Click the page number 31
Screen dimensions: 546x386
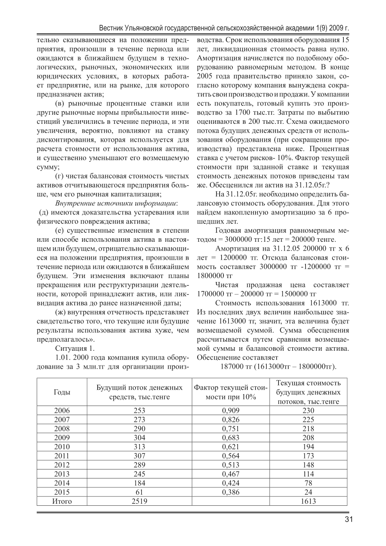click(348, 519)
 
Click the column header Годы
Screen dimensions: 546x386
click(62, 392)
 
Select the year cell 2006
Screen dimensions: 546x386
click(62, 410)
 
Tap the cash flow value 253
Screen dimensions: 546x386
click(139, 410)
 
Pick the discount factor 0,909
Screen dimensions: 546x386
click(231, 410)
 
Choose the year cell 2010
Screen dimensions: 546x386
click(62, 446)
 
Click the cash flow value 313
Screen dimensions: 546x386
click(139, 446)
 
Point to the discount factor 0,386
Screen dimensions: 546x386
click(231, 492)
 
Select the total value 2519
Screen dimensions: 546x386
click(139, 501)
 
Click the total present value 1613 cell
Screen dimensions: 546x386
click(308, 501)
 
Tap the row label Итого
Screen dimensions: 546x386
click(62, 501)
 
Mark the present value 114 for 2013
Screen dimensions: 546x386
click(308, 474)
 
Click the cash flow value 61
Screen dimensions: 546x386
click(139, 492)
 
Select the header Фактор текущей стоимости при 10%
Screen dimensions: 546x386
click(231, 392)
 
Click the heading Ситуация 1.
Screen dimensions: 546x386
click(75, 348)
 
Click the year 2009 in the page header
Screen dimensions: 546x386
click(336, 29)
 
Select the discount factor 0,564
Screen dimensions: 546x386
click(231, 456)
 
